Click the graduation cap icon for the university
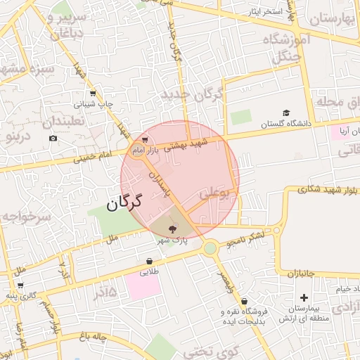click(x=286, y=112)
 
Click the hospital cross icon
click(x=304, y=297)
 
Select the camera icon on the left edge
click(x=53, y=138)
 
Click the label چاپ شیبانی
click(x=93, y=104)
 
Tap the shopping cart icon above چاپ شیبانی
click(x=93, y=93)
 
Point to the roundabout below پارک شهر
click(x=210, y=247)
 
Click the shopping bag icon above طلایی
click(x=149, y=262)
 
